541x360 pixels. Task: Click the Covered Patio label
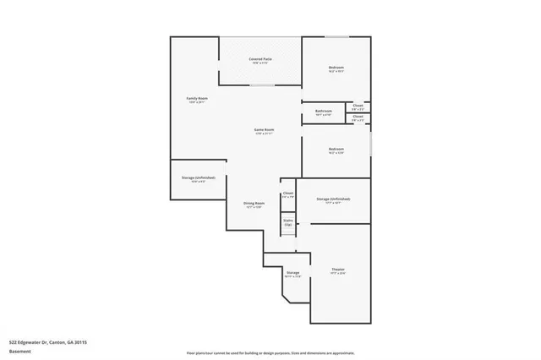tap(260, 60)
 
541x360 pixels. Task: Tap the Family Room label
tap(197, 101)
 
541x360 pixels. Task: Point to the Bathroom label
tap(324, 112)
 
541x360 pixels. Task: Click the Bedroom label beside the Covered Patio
tap(336, 69)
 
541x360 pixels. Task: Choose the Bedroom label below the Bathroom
tap(336, 150)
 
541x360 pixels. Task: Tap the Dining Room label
tap(254, 205)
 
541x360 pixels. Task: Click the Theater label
tap(338, 270)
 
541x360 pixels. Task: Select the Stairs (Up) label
tap(288, 222)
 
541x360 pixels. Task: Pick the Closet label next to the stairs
tap(288, 194)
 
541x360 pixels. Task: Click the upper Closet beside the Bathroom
tap(358, 106)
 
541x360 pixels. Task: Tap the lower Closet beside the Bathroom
tap(358, 118)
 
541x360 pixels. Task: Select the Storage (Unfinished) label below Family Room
tap(199, 179)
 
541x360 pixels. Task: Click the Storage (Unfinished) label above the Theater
tap(333, 200)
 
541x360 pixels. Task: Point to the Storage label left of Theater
tap(293, 275)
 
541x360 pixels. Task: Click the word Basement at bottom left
tap(19, 352)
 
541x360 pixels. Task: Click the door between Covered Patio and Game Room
tap(261, 85)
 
